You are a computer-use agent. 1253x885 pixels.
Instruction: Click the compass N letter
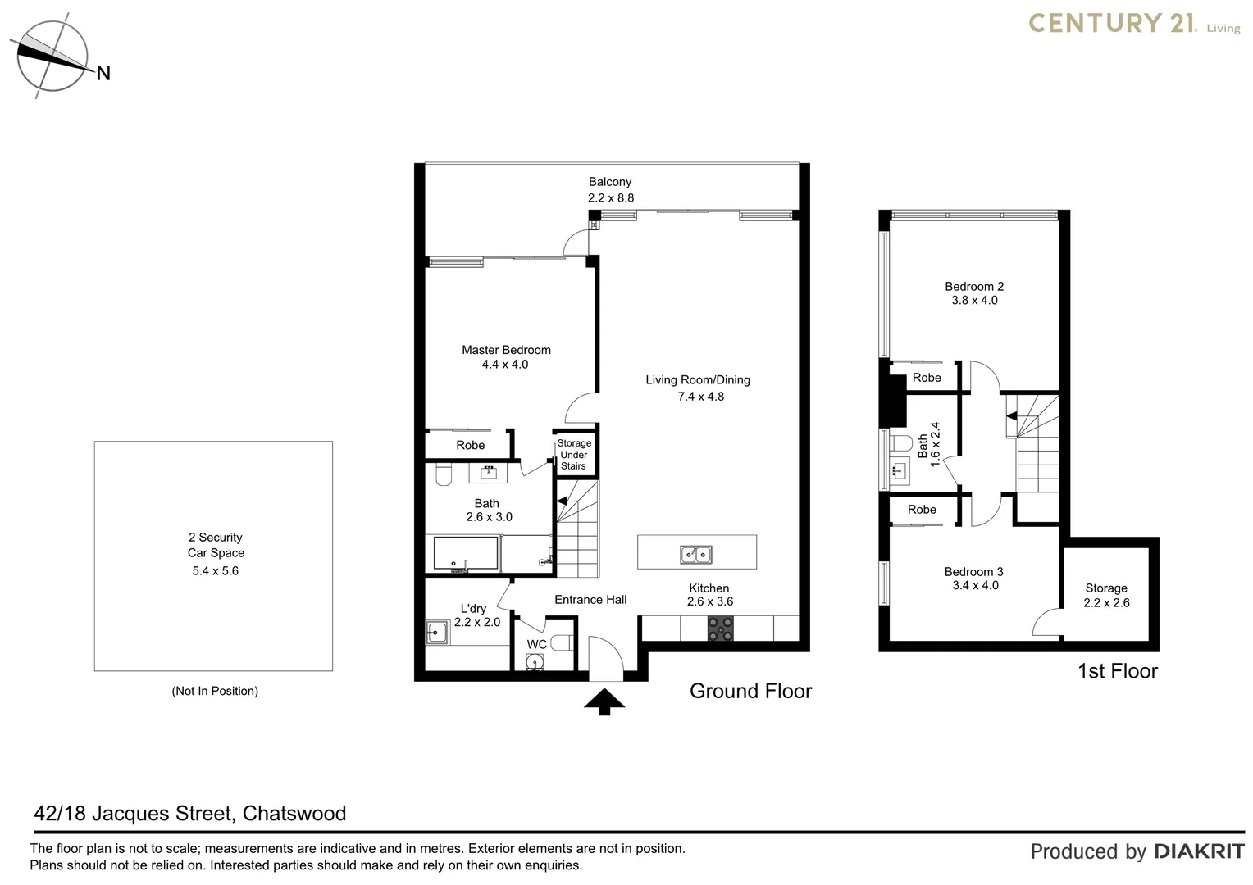point(103,74)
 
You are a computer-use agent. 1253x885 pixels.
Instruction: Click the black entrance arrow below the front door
point(604,702)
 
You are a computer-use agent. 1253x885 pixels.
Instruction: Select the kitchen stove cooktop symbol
point(721,629)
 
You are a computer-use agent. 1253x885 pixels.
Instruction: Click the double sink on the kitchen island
point(696,555)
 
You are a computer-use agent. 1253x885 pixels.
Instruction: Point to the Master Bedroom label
point(506,350)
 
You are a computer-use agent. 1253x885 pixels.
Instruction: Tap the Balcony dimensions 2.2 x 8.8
point(610,197)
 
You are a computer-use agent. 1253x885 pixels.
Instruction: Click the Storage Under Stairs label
point(574,455)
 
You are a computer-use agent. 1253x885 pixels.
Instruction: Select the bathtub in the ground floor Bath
point(465,554)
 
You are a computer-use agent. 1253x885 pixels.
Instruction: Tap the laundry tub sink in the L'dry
point(437,632)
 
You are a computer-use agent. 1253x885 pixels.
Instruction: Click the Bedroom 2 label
point(974,286)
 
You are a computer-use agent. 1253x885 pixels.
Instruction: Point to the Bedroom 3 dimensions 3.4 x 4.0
point(975,585)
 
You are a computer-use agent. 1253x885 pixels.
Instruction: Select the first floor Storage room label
point(1106,588)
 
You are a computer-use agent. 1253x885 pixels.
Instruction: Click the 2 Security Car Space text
point(216,545)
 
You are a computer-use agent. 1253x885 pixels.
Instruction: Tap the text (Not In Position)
point(215,691)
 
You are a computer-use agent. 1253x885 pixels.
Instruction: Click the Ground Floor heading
point(750,691)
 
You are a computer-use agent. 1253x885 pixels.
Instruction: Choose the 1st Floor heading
point(1117,671)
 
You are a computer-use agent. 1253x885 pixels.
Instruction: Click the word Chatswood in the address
point(294,813)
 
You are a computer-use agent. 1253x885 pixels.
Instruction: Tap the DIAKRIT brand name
point(1199,851)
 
